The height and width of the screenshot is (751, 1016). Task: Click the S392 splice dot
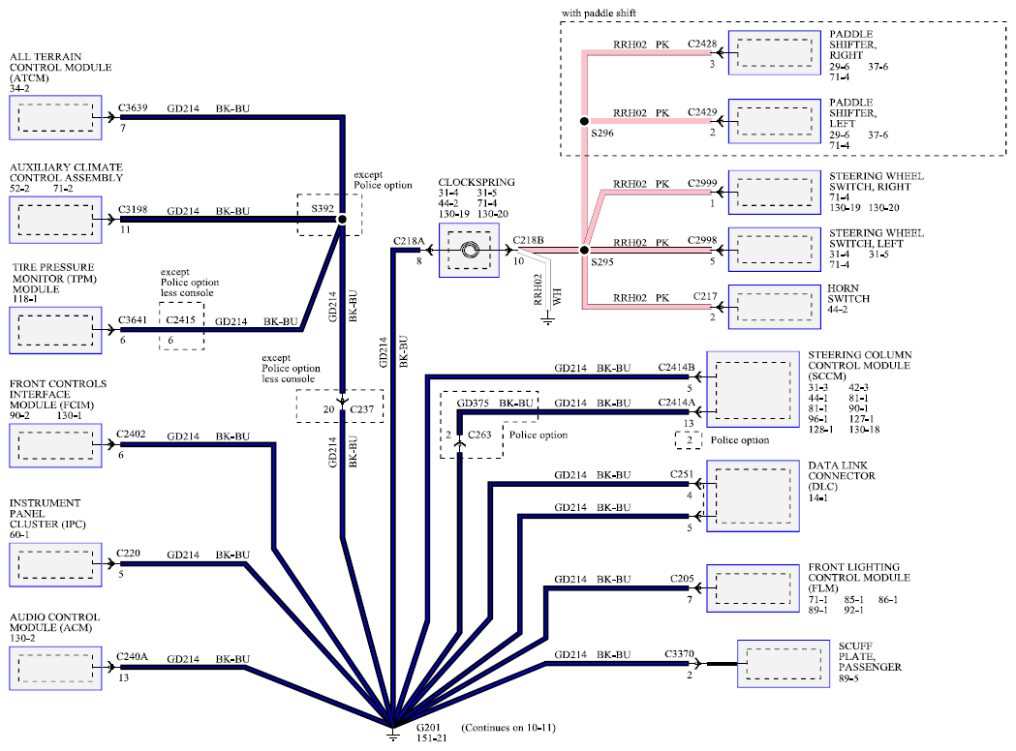[342, 219]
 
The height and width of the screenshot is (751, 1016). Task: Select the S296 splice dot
[584, 121]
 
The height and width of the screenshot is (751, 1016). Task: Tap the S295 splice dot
[584, 250]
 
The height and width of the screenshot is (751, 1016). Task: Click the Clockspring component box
[469, 250]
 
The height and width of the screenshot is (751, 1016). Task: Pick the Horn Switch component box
[774, 307]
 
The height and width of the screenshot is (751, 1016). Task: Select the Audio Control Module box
[56, 668]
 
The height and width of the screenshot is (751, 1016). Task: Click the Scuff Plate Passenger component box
[784, 664]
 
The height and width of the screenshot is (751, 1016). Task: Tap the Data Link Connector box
[753, 496]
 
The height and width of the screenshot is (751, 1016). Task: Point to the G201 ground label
[428, 727]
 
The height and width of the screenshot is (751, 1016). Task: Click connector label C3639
[133, 108]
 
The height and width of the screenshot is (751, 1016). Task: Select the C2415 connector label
[180, 319]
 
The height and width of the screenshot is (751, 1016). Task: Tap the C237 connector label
[361, 409]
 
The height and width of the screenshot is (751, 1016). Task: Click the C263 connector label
[479, 435]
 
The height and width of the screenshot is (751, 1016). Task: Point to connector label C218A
[408, 242]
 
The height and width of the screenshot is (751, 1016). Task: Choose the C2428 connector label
[702, 44]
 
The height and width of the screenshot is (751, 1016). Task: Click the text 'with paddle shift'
[599, 13]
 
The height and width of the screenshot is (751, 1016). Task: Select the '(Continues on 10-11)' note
[508, 728]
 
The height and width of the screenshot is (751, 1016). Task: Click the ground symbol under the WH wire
[548, 319]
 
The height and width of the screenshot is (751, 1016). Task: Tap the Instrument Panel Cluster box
[56, 565]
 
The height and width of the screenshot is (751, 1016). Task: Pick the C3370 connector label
[679, 654]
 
